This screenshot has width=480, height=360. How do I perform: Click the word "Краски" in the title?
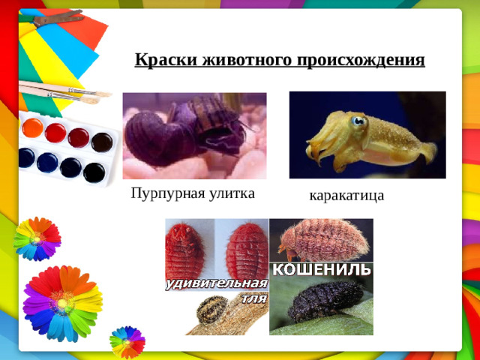[x=159, y=59]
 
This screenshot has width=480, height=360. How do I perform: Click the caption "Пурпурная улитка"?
[x=193, y=193]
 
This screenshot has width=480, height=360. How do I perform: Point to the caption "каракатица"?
[x=346, y=196]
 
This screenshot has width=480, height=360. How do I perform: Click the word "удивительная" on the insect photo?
[x=216, y=284]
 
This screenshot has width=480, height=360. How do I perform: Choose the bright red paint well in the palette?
[x=55, y=133]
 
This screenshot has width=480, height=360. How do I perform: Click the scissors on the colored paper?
[x=52, y=16]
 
